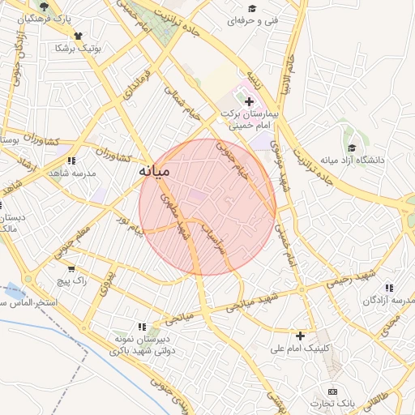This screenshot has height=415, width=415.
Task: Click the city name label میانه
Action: click(x=152, y=171)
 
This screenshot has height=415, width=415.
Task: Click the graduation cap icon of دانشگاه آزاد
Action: click(x=352, y=148)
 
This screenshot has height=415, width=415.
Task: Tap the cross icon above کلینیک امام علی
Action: click(x=301, y=336)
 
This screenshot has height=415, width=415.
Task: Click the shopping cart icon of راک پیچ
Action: click(x=71, y=269)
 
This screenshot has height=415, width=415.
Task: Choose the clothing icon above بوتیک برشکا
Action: click(x=79, y=36)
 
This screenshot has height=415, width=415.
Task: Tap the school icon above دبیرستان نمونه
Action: click(x=143, y=327)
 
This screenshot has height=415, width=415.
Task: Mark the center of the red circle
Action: click(x=207, y=207)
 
